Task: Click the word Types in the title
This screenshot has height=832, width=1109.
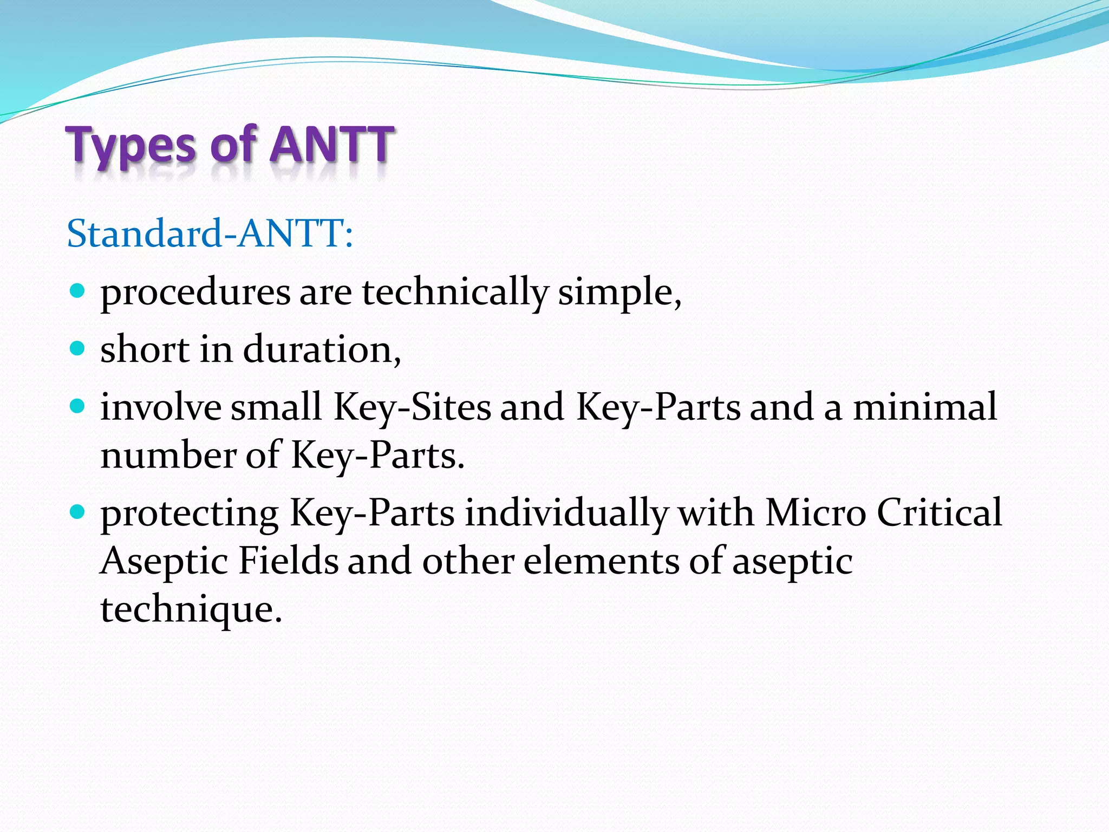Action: coord(130,145)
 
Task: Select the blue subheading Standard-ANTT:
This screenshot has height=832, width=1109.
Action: coord(210,233)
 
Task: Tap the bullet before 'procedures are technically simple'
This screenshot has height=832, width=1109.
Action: coord(78,290)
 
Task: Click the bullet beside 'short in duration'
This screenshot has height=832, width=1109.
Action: coord(78,348)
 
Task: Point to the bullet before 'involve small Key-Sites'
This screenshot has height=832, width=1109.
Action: coord(78,406)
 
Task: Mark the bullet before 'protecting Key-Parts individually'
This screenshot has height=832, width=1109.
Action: coord(78,511)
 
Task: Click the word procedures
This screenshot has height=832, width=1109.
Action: coord(195,293)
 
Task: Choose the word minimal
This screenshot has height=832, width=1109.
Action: coord(925,407)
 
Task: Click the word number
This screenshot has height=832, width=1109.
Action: coord(168,456)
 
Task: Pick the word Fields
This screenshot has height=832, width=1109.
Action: coord(289,561)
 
